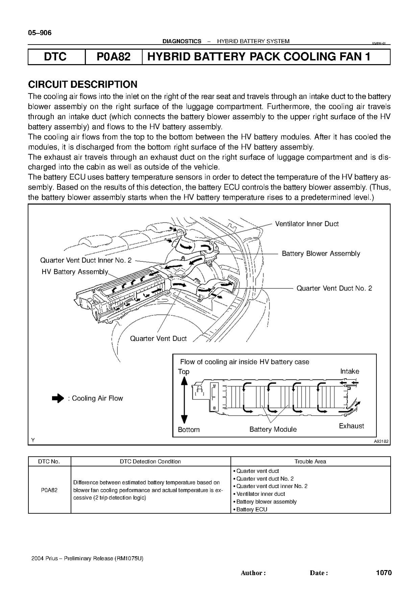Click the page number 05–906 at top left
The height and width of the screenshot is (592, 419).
pyautogui.click(x=40, y=33)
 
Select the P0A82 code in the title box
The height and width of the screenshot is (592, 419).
pyautogui.click(x=113, y=57)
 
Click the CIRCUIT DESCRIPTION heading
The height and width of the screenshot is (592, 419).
pyautogui.click(x=83, y=84)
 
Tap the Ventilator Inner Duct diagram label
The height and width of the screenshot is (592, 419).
pyautogui.click(x=306, y=224)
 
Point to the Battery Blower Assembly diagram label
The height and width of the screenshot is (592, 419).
pyautogui.click(x=321, y=254)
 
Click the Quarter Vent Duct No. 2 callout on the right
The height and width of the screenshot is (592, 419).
pyautogui.click(x=334, y=288)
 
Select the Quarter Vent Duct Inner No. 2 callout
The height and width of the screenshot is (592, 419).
pyautogui.click(x=86, y=260)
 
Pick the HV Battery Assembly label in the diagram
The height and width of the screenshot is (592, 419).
pyautogui.click(x=75, y=272)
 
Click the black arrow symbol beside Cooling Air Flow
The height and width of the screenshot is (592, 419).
pyautogui.click(x=58, y=398)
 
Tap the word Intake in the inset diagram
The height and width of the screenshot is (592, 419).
pyautogui.click(x=349, y=371)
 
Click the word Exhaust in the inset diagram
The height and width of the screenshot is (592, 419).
pyautogui.click(x=351, y=426)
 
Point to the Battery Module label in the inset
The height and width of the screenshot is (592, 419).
pyautogui.click(x=273, y=429)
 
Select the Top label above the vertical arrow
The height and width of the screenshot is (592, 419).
pyautogui.click(x=184, y=372)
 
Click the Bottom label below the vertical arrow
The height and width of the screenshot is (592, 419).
pyautogui.click(x=188, y=430)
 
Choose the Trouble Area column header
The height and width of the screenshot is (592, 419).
pyautogui.click(x=310, y=461)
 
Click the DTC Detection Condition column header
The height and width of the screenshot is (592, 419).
pyautogui.click(x=150, y=461)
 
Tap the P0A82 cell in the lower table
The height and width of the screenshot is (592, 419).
pyautogui.click(x=49, y=490)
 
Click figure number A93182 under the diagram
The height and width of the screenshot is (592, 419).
pyautogui.click(x=381, y=441)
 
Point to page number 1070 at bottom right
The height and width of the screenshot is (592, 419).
pyautogui.click(x=383, y=572)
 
